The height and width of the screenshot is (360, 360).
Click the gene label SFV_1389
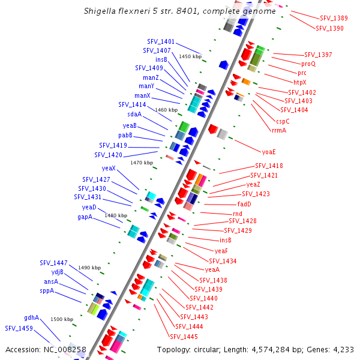click(x=334, y=19)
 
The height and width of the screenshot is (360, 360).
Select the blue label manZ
click(x=151, y=77)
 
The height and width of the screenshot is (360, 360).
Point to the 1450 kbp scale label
click(x=190, y=56)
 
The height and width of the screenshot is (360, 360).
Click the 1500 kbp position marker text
click(x=61, y=319)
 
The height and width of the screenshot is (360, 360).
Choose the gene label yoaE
click(x=269, y=152)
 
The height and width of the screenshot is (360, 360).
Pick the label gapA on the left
click(x=85, y=217)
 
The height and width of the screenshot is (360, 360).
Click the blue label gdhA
click(x=31, y=317)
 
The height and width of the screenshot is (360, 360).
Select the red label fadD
click(x=244, y=204)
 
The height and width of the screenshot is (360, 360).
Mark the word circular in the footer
click(x=215, y=349)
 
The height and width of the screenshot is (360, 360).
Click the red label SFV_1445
click(x=184, y=337)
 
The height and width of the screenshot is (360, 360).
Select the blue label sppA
click(x=47, y=290)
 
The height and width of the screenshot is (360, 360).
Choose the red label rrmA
click(x=279, y=130)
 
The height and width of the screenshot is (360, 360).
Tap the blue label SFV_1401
click(x=161, y=41)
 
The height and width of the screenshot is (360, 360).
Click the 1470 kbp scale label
click(x=142, y=163)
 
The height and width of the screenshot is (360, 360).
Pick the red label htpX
click(x=299, y=82)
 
